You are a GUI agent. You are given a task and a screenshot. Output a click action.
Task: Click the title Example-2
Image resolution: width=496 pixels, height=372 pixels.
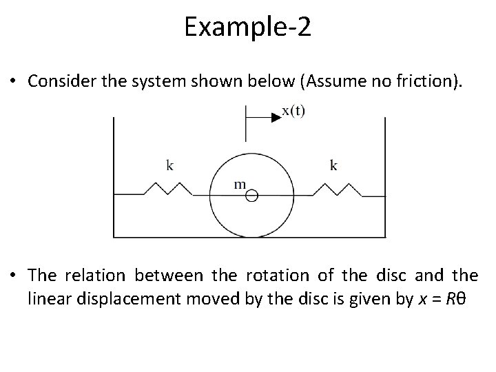[x=248, y=27]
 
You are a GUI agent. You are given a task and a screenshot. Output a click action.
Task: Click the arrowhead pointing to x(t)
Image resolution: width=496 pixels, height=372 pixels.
[x=276, y=118]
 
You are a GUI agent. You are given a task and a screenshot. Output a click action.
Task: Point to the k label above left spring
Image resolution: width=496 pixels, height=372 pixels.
[x=170, y=165]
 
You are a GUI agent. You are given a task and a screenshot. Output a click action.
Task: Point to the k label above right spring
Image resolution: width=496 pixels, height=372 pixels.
[x=333, y=165]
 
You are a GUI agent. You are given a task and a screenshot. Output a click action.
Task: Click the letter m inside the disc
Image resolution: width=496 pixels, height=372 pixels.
[x=240, y=184]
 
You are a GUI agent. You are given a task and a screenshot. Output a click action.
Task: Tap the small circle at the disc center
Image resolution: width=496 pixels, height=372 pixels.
[x=251, y=196]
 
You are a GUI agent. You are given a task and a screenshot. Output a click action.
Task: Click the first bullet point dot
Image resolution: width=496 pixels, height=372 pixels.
[x=15, y=81]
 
